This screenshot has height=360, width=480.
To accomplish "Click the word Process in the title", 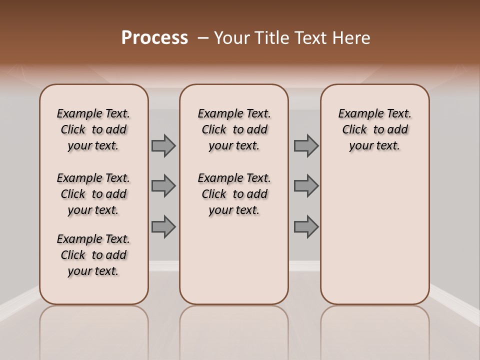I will (154, 38).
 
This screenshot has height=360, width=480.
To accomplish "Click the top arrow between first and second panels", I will (163, 146).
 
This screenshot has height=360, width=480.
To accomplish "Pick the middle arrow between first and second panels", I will (163, 186).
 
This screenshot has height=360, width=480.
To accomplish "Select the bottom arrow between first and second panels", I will (163, 226).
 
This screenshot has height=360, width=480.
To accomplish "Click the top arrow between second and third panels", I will (306, 146).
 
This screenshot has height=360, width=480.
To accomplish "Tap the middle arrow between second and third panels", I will (306, 186).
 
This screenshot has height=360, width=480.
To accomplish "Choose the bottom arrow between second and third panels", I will (306, 226).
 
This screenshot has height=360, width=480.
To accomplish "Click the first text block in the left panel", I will (93, 129).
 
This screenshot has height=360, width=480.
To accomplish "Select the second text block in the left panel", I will (93, 194).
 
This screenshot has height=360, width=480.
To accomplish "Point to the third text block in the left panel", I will (93, 255).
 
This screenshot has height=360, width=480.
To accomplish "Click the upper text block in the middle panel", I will (234, 129).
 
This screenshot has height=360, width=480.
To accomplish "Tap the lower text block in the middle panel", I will (234, 194).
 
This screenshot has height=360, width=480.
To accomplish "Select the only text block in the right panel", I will (374, 129).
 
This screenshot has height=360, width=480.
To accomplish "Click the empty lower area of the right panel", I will (374, 235).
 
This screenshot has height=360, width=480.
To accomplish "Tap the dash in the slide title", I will (202, 38).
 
